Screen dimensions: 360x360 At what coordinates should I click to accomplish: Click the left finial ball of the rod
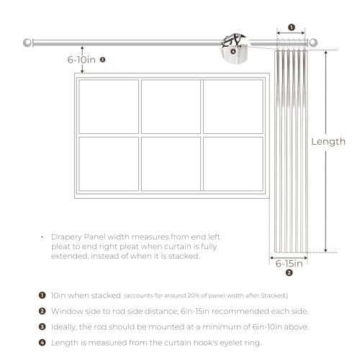[27, 42]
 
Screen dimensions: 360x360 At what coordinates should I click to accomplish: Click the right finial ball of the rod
[313, 42]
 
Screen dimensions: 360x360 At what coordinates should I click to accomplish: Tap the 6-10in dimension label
[81, 60]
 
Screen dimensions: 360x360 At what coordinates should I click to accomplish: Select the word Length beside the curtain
[328, 142]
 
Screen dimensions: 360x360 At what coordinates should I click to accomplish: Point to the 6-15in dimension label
[289, 264]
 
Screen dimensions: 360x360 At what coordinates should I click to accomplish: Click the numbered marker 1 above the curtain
[292, 27]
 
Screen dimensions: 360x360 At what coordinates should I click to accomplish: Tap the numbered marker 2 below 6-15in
[289, 273]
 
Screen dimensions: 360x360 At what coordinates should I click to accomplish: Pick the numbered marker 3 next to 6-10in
[102, 60]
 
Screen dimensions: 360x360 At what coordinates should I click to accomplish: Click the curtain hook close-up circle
[234, 49]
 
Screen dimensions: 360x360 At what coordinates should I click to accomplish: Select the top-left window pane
[109, 107]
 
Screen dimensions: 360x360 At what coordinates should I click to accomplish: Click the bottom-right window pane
[233, 164]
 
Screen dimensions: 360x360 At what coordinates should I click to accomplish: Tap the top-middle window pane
[171, 107]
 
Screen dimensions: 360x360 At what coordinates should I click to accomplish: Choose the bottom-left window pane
[109, 164]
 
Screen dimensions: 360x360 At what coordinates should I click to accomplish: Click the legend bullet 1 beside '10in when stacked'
[42, 295]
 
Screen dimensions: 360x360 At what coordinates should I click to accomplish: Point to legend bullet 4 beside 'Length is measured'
[42, 343]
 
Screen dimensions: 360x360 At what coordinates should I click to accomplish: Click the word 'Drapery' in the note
[66, 237]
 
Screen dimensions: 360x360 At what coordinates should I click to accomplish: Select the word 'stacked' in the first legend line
[106, 295]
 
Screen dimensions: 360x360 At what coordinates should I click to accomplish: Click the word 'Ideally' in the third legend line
[63, 327]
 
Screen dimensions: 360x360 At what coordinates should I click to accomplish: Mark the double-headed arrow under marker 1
[291, 33]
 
